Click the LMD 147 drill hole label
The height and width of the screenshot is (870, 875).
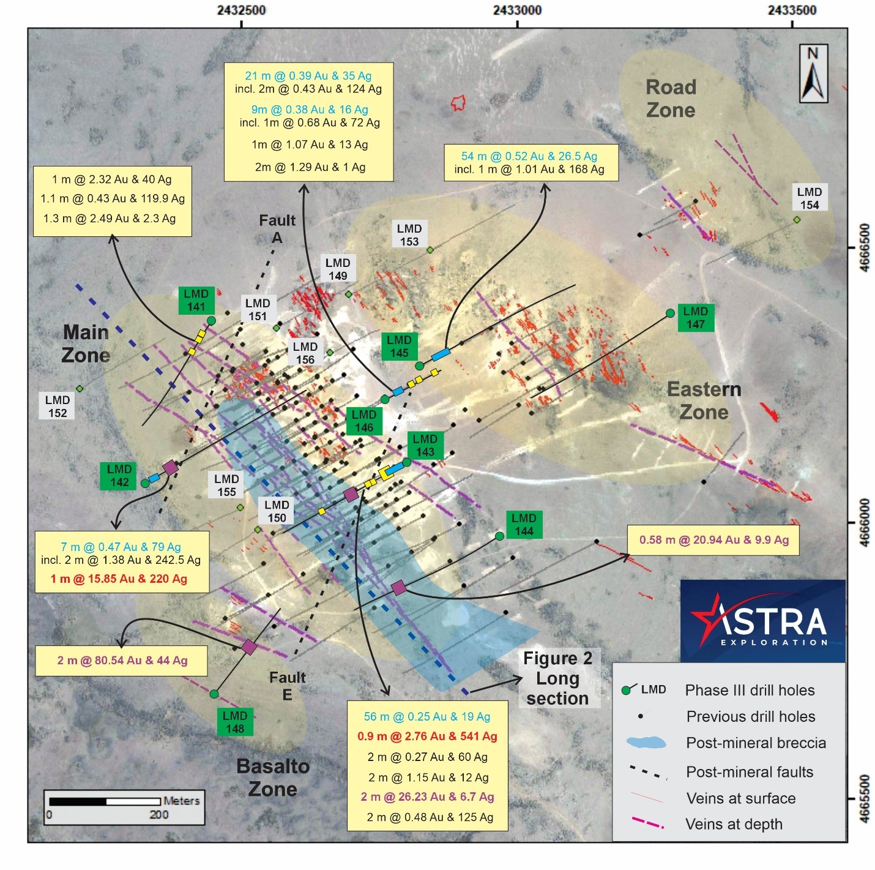point(695,318)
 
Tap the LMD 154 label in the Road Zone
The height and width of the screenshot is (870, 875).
point(809,198)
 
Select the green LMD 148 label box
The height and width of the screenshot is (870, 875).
point(235,722)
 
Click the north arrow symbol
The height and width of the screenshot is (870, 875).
point(813,73)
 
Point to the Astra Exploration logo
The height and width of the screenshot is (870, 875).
point(762,620)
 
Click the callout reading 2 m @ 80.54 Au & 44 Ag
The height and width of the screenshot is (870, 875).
point(122,661)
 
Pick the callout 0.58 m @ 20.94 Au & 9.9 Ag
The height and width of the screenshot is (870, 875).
point(713,540)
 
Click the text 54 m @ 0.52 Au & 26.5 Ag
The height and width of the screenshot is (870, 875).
point(529,156)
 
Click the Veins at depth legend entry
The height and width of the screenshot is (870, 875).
point(707,823)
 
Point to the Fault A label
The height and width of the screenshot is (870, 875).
point(277,228)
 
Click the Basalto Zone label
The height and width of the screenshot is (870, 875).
point(273,778)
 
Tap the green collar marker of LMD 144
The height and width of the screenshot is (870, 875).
point(499,536)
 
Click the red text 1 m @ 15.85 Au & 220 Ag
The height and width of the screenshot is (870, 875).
point(119,579)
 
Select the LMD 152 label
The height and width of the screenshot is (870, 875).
point(58,407)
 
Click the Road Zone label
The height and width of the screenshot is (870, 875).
point(671,99)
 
